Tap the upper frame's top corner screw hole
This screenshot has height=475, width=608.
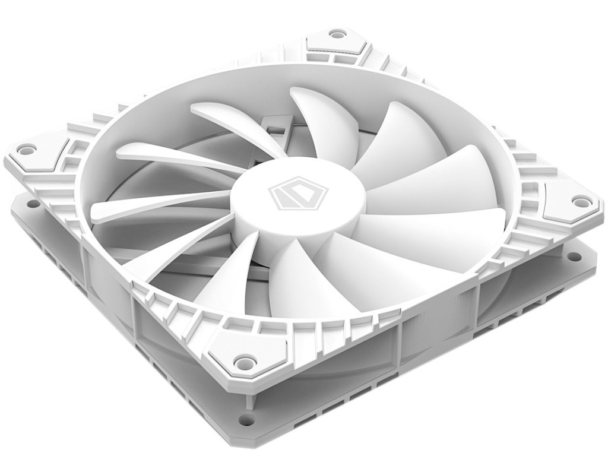[335, 35]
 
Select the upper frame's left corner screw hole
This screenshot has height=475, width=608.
[26, 149]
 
